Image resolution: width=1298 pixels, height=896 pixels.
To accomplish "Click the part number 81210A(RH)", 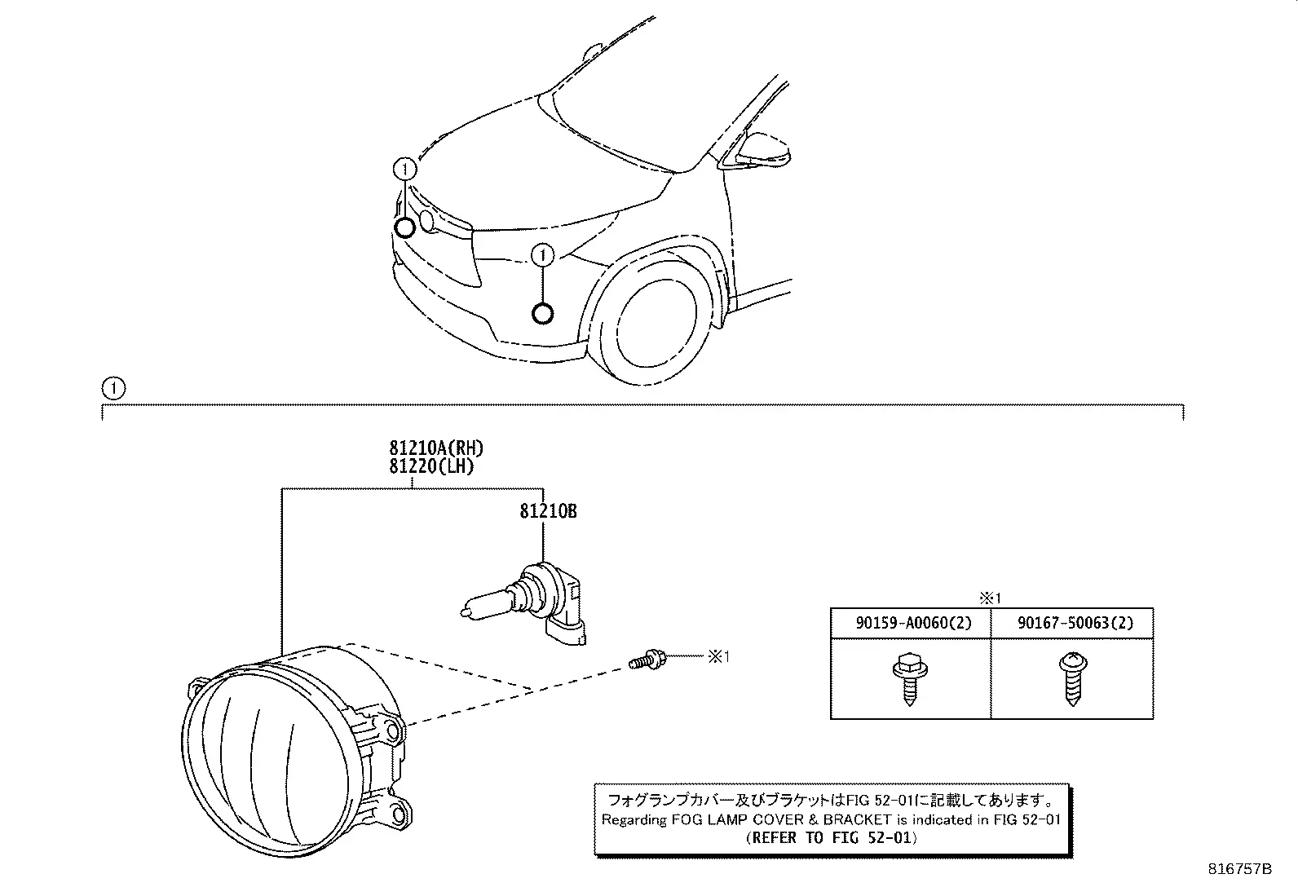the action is click(436, 448).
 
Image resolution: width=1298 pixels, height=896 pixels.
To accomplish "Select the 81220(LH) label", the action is click(431, 466).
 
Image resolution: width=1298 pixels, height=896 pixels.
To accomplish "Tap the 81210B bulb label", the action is click(548, 511).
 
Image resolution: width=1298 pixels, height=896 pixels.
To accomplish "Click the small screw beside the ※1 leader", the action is click(647, 660).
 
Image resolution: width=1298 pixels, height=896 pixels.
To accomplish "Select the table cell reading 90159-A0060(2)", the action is click(911, 623).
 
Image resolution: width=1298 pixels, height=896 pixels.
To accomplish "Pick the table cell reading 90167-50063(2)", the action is click(1072, 623).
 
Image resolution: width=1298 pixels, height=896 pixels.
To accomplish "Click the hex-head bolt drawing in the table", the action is click(910, 678).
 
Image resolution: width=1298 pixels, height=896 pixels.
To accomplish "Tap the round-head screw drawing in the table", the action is click(1073, 678).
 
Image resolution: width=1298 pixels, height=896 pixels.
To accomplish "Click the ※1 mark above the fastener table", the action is click(991, 598).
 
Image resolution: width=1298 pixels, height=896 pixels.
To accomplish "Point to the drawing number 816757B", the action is click(1239, 869).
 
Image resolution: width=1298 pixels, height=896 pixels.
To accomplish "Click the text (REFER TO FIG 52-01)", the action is click(832, 837).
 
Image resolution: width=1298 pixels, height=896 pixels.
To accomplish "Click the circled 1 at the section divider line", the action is click(113, 388).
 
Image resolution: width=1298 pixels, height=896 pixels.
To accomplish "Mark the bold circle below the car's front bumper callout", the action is click(542, 314).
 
